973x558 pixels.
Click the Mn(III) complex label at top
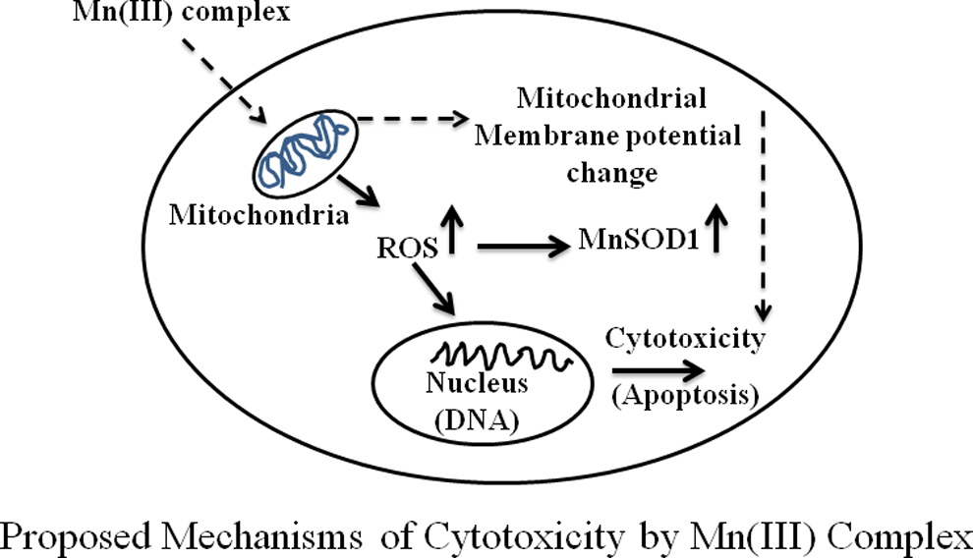(x=181, y=12)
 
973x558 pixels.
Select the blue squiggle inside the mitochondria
(x=304, y=150)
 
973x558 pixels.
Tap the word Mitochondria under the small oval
(x=258, y=215)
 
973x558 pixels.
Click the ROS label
(x=407, y=248)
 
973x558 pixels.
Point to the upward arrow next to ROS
(x=452, y=230)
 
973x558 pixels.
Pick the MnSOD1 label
(x=639, y=240)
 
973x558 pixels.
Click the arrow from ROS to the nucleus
(x=433, y=289)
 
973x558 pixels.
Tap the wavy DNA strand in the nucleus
(x=501, y=358)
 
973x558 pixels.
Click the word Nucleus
(x=477, y=383)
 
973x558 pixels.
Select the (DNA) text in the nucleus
(x=477, y=421)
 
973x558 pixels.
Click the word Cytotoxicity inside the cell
(x=685, y=340)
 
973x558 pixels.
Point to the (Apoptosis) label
(x=685, y=396)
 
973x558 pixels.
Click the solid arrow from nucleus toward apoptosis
(x=658, y=371)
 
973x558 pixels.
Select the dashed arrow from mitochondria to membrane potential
(x=413, y=118)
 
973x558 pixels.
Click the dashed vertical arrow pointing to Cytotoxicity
(x=764, y=216)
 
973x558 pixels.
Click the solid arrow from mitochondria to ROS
(x=358, y=191)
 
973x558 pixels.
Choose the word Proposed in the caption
(x=76, y=536)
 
